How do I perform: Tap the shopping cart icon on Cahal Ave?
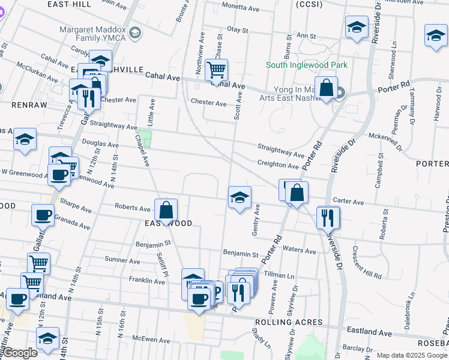tap(216, 69)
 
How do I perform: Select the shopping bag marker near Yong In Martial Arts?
tap(326, 88)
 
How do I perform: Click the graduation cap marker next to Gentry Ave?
tap(240, 198)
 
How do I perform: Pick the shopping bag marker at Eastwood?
tap(166, 211)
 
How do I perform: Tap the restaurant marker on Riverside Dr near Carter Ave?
tap(328, 217)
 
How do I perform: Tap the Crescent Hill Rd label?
tap(367, 263)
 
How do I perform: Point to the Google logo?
tap(20, 353)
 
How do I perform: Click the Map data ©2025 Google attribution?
tap(412, 355)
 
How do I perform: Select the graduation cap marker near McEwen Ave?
tap(47, 338)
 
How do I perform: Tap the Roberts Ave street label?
tap(133, 209)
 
